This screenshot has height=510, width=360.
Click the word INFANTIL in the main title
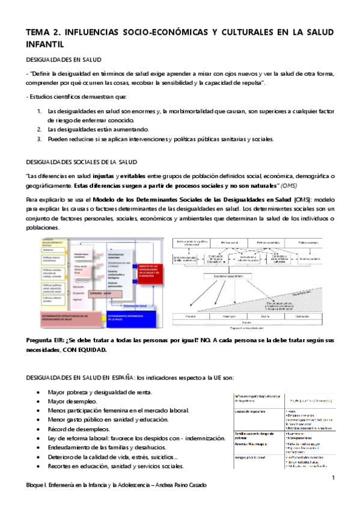point(45,44)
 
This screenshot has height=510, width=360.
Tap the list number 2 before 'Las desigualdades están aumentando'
point(39,129)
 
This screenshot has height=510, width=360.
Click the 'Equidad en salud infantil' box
point(227,277)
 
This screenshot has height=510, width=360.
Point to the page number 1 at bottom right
point(332,478)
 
